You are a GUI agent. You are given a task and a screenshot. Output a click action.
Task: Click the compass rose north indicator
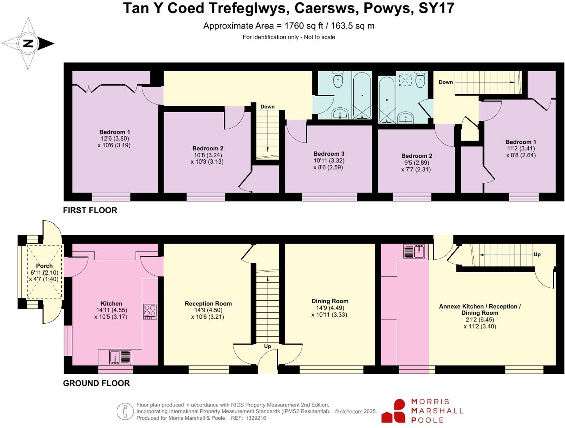click(28, 43)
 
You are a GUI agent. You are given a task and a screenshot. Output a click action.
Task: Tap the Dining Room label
click(330, 301)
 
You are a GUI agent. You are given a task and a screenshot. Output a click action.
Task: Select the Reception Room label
click(208, 303)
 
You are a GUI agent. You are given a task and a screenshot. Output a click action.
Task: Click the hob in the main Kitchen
click(150, 312)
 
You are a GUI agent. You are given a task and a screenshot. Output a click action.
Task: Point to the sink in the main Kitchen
click(120, 357)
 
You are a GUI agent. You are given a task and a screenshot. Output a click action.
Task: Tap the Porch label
click(44, 266)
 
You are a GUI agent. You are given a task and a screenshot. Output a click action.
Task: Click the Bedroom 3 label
click(329, 154)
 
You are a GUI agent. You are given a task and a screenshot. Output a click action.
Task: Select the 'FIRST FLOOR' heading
click(90, 210)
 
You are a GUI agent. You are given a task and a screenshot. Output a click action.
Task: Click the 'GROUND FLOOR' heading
click(96, 383)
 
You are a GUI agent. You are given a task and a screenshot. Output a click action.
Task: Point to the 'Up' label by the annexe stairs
click(537, 254)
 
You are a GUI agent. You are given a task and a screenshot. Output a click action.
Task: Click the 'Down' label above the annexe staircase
click(446, 82)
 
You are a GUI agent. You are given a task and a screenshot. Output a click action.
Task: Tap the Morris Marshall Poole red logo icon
click(394, 411)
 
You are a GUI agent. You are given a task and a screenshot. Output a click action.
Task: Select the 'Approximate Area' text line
click(289, 26)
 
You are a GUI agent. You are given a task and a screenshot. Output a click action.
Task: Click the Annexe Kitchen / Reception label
click(479, 307)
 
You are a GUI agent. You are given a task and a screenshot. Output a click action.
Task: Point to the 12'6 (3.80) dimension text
click(114, 138)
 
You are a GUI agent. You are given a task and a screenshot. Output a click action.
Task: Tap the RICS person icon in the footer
click(125, 411)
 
